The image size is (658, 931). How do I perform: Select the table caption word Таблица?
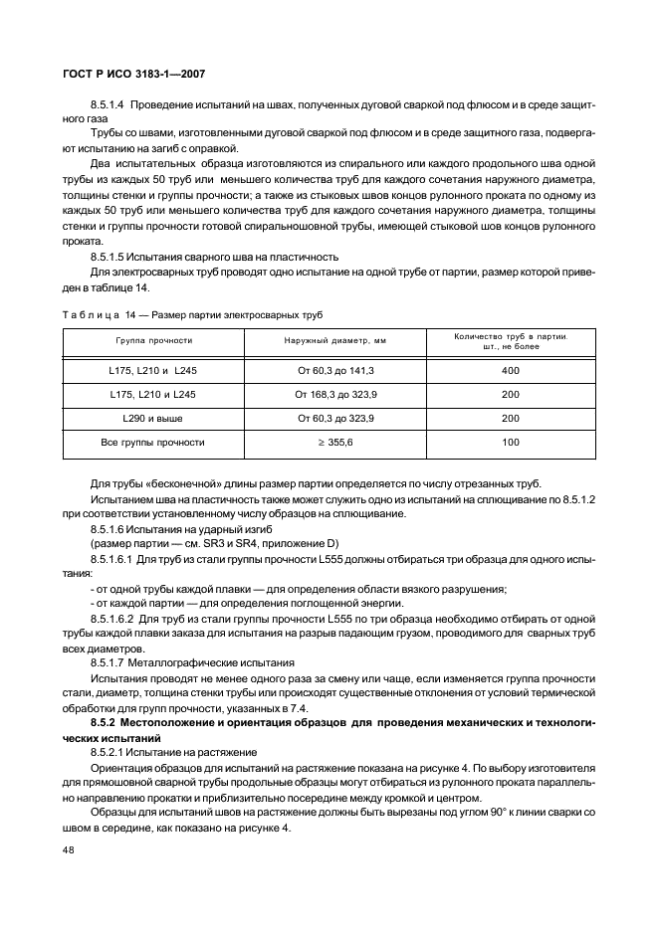(91, 314)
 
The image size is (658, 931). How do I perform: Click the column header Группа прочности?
(153, 340)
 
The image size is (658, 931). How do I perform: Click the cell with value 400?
(511, 370)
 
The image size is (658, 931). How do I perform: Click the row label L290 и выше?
(153, 418)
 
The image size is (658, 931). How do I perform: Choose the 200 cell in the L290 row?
(511, 418)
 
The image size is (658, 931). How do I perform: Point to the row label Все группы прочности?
(153, 442)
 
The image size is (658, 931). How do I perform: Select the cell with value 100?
(511, 442)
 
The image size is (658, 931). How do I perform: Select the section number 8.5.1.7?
(108, 661)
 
